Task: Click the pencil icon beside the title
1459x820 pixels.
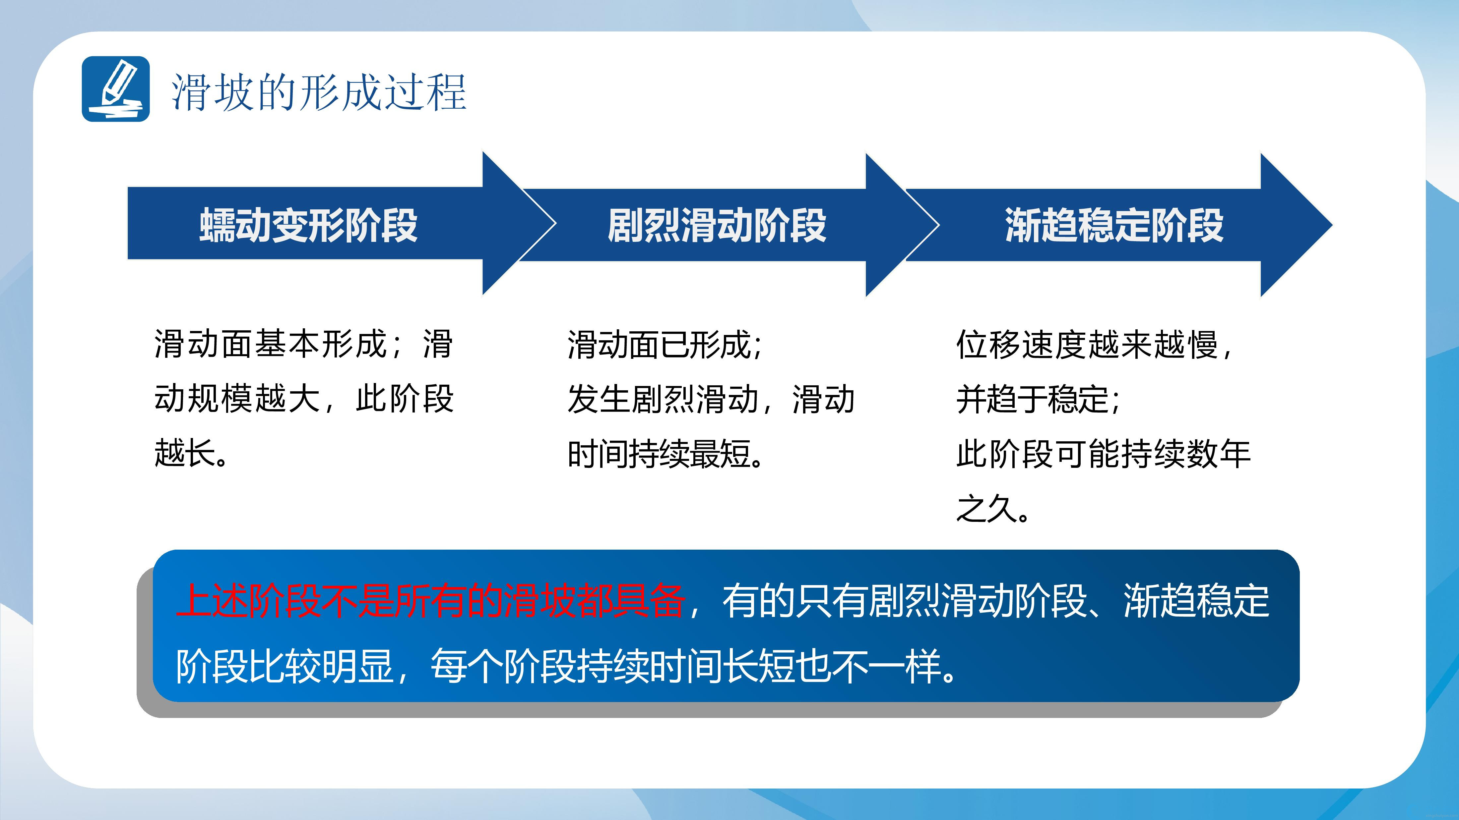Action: [115, 89]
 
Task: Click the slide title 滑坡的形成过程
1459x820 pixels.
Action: [319, 92]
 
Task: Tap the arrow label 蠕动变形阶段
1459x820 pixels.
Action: [309, 225]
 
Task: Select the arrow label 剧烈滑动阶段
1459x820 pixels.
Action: [717, 225]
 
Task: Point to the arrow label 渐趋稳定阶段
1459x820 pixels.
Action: [1114, 225]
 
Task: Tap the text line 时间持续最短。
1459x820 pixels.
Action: [666, 454]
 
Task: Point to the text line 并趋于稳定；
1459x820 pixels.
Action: [1038, 399]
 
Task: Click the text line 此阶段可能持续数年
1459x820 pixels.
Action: [1103, 454]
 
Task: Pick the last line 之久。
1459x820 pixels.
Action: [993, 508]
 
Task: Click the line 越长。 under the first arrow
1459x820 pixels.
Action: [191, 454]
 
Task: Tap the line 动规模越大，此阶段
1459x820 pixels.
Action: [304, 399]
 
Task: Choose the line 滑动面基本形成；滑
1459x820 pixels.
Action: [304, 345]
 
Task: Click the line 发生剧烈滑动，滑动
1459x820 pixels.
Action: [711, 399]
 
